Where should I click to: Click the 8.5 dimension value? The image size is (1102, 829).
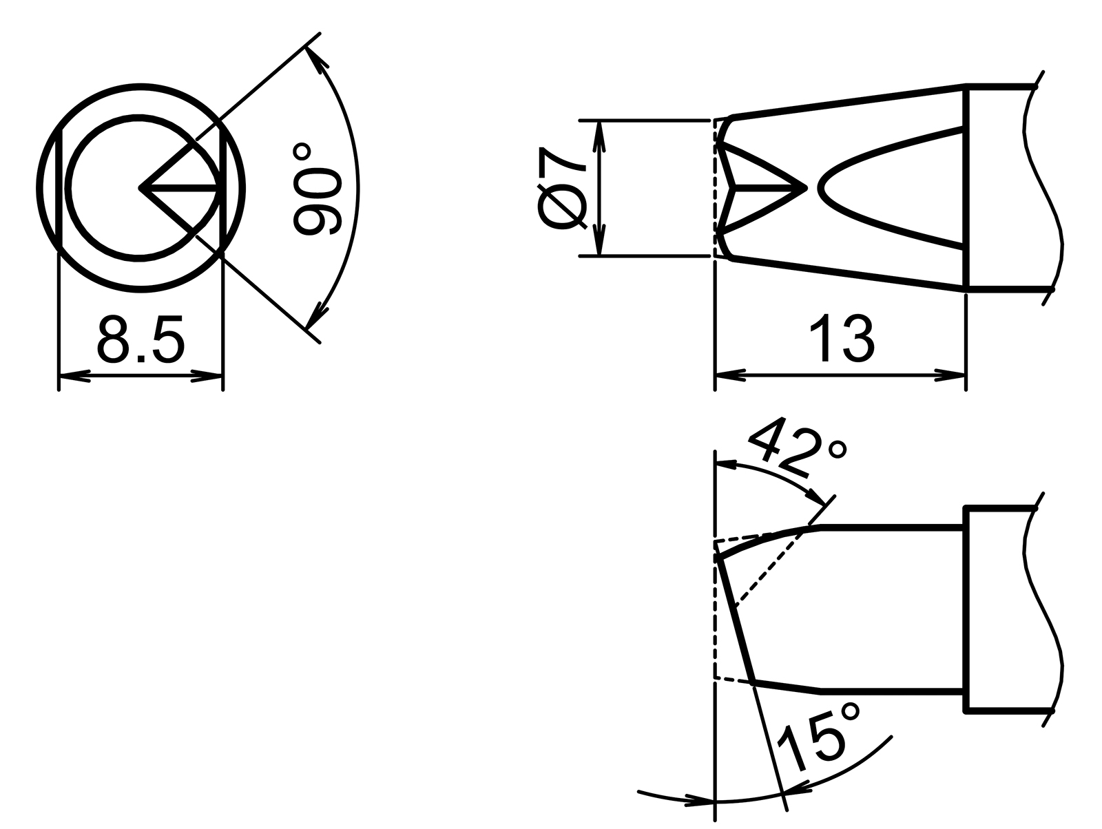coord(141,339)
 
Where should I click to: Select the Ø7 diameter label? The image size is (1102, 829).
coord(561,187)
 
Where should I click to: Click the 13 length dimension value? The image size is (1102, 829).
coord(841,339)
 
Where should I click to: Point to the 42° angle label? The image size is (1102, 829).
coord(796,449)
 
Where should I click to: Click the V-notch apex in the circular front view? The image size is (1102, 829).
coord(141,187)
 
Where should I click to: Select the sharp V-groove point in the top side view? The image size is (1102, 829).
coord(804,187)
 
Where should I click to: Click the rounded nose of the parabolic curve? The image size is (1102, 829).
coord(820,187)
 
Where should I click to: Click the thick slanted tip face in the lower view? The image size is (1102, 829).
coord(736,620)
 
